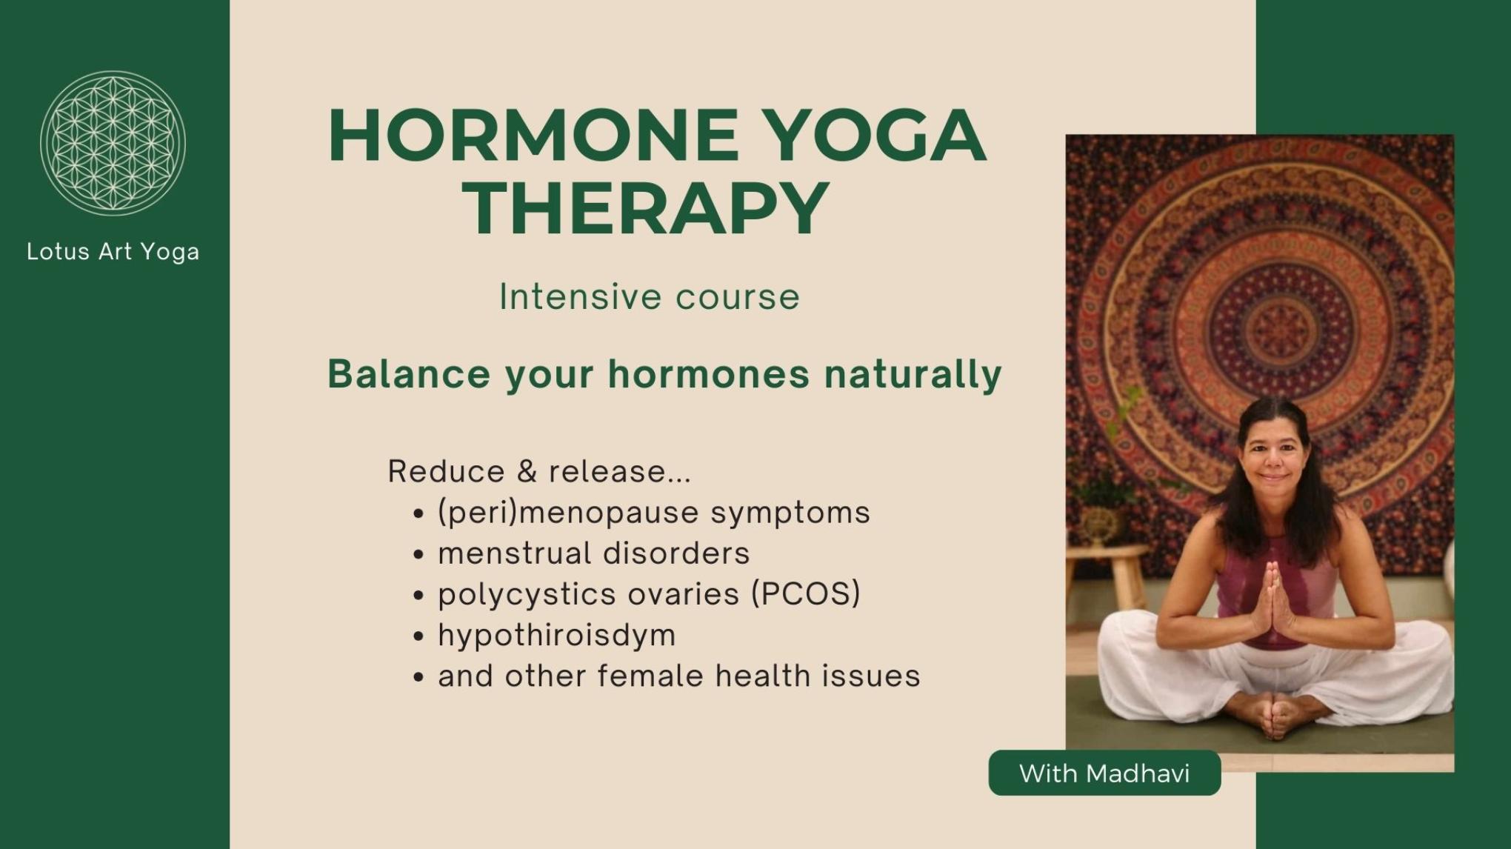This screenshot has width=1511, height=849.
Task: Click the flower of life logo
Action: click(x=113, y=143)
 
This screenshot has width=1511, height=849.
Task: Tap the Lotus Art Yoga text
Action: click(x=113, y=252)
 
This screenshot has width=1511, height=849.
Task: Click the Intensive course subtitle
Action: click(x=650, y=297)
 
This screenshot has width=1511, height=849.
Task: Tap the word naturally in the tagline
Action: click(x=913, y=373)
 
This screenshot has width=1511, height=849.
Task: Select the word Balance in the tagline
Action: click(x=409, y=373)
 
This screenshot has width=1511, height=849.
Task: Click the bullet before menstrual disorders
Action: click(x=419, y=555)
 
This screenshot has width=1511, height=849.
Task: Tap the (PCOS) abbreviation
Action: click(x=805, y=594)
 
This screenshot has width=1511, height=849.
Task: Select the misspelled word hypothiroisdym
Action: click(x=556, y=636)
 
